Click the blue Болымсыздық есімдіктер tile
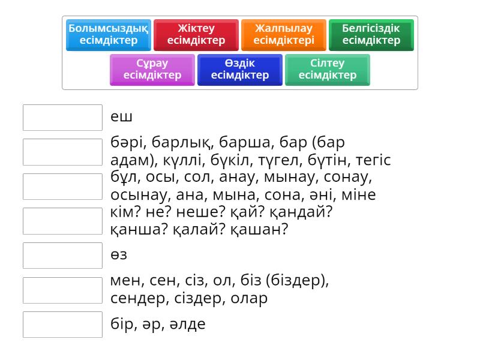point(109,34)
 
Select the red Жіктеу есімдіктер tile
point(196,34)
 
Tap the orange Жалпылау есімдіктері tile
point(284,34)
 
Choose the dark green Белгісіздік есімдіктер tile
point(371,34)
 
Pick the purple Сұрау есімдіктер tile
point(152,69)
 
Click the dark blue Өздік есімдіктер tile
point(240,69)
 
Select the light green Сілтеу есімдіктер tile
point(328,69)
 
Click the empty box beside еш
point(63,118)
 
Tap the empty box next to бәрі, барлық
point(63,152)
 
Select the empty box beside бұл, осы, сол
point(63,187)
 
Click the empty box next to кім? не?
point(63,221)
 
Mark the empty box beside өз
point(63,256)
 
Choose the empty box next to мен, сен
point(63,290)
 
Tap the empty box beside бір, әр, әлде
point(63,325)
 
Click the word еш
point(121,117)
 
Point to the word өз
point(119,255)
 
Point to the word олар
point(250,298)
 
